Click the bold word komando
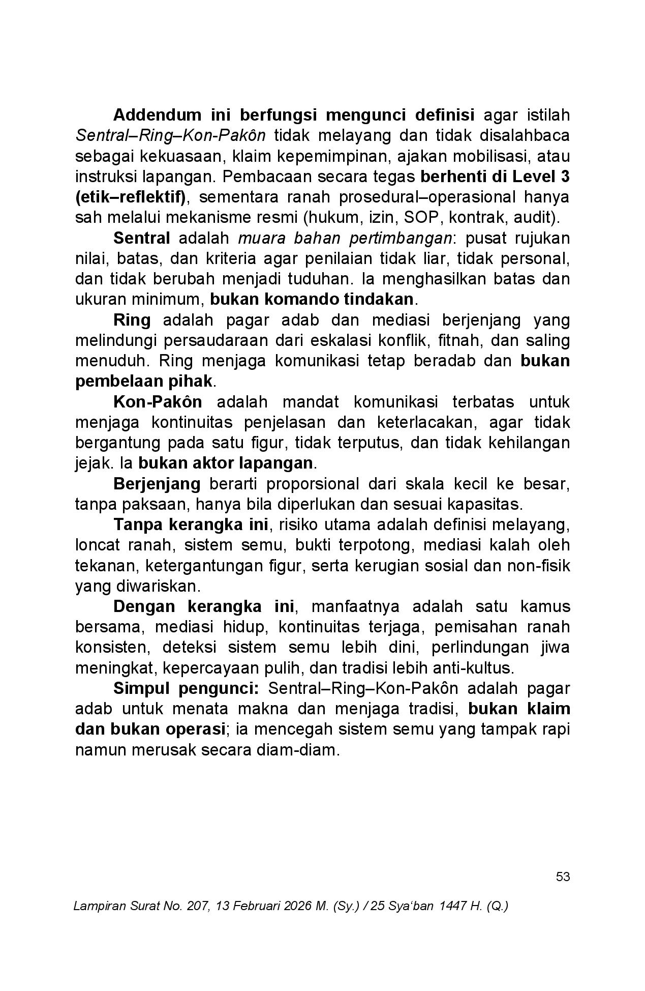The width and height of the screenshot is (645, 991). pyautogui.click(x=301, y=299)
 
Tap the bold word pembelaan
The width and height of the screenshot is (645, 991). pyautogui.click(x=120, y=381)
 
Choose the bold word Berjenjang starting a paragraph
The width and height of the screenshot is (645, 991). pyautogui.click(x=157, y=483)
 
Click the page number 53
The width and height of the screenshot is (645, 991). pyautogui.click(x=563, y=877)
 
